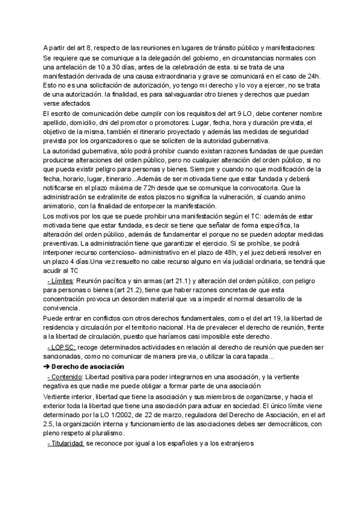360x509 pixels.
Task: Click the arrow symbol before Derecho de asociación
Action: (47, 367)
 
